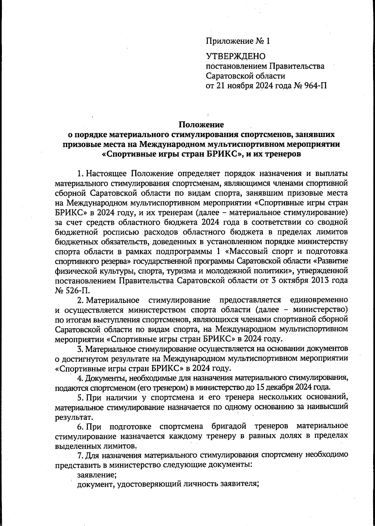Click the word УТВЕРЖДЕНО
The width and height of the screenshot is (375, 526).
coord(235,56)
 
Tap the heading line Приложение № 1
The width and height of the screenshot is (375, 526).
coord(237,41)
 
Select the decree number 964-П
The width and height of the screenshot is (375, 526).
coord(315,85)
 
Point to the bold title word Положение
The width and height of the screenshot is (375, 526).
coord(201,125)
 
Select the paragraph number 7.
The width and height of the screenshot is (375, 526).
coord(80,455)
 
